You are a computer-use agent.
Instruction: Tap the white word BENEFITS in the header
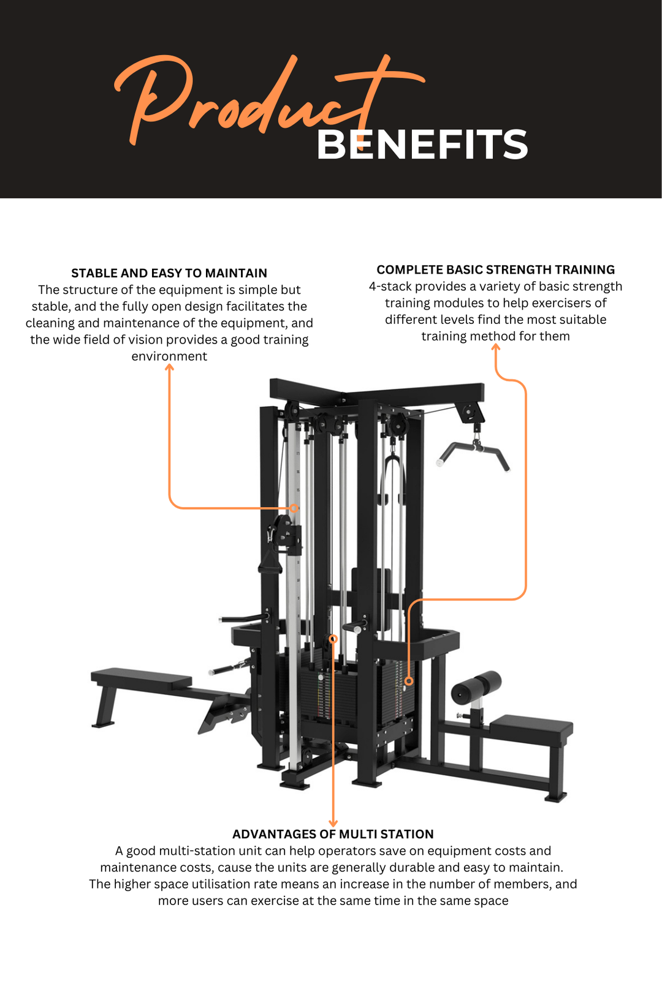pyautogui.click(x=422, y=145)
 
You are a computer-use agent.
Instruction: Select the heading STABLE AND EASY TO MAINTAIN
pyautogui.click(x=169, y=273)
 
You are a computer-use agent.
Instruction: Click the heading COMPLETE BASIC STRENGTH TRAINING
pyautogui.click(x=495, y=269)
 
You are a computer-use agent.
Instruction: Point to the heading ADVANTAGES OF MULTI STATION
pyautogui.click(x=333, y=834)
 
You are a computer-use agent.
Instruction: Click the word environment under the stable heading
pyautogui.click(x=169, y=356)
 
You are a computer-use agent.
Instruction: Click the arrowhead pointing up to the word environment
pyautogui.click(x=170, y=367)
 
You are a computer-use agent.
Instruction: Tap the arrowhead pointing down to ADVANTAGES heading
pyautogui.click(x=333, y=823)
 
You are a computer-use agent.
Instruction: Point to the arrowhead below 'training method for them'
pyautogui.click(x=496, y=347)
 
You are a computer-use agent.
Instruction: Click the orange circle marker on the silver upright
pyautogui.click(x=294, y=508)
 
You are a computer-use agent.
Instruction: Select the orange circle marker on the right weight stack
pyautogui.click(x=409, y=681)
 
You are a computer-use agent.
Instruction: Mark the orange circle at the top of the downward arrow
pyautogui.click(x=333, y=639)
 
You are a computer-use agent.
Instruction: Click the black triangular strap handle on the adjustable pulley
pyautogui.click(x=270, y=560)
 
